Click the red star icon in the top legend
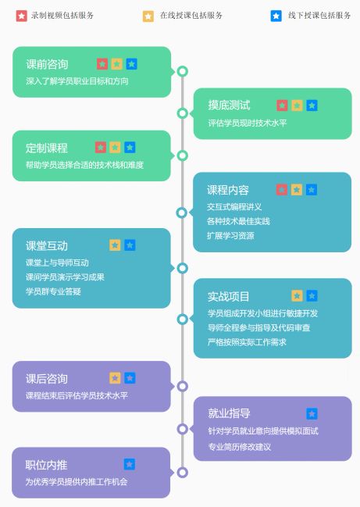point(21,16)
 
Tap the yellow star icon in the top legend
point(148,16)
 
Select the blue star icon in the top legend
point(276,16)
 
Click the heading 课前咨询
point(47,64)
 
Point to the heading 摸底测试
point(229,105)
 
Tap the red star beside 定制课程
point(101,148)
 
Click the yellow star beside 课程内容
point(296,190)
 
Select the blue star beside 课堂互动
point(130,245)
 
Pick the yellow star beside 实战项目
point(297,295)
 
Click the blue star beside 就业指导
point(312,413)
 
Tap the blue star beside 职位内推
point(130,464)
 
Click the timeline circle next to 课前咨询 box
point(183,71)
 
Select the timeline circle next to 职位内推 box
point(182,473)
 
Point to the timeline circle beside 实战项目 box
point(183,320)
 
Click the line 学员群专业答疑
point(53,291)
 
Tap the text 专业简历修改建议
point(240,447)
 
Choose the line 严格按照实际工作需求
point(247,342)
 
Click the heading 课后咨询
point(47,379)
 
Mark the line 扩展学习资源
point(230,236)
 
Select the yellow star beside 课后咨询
point(115,378)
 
